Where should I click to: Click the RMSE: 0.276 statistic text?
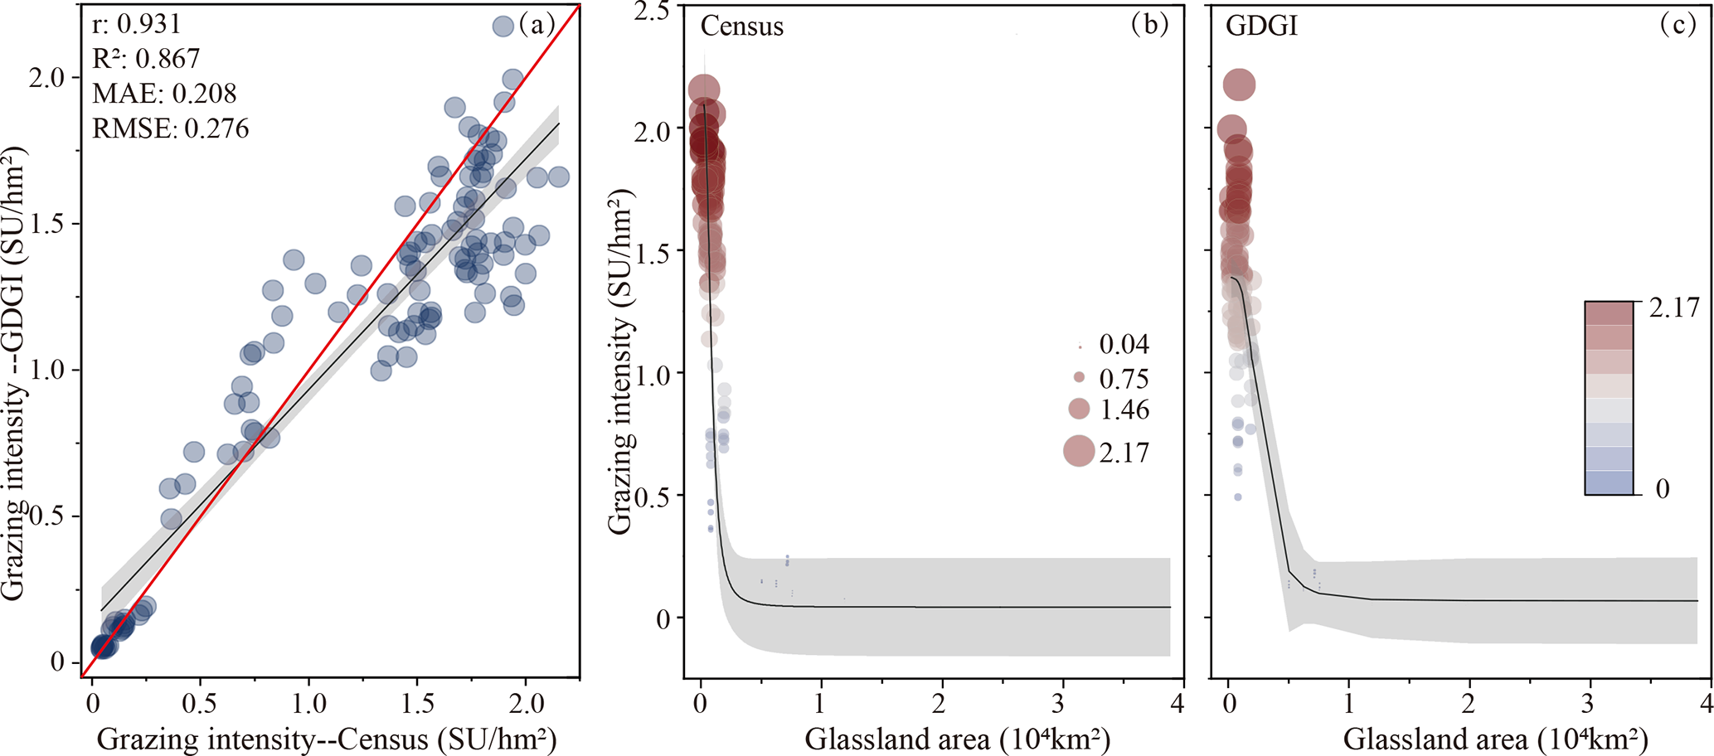tap(170, 128)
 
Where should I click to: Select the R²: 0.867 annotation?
tap(146, 59)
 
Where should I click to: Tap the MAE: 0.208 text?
tap(164, 94)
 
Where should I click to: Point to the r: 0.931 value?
tap(136, 24)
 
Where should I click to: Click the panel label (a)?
tap(537, 24)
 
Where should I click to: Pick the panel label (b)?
tap(1149, 25)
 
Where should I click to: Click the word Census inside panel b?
tap(741, 27)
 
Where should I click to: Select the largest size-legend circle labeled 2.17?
tap(1079, 451)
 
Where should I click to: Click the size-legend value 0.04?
tap(1124, 344)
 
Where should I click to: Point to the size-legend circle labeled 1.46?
tap(1079, 409)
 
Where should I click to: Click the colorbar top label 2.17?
tap(1674, 308)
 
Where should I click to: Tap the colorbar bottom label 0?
tap(1662, 489)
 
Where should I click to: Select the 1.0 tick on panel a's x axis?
tap(308, 705)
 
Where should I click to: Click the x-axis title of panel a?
tap(327, 739)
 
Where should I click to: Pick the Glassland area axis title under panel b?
tap(957, 739)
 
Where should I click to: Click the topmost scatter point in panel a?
tap(503, 27)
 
